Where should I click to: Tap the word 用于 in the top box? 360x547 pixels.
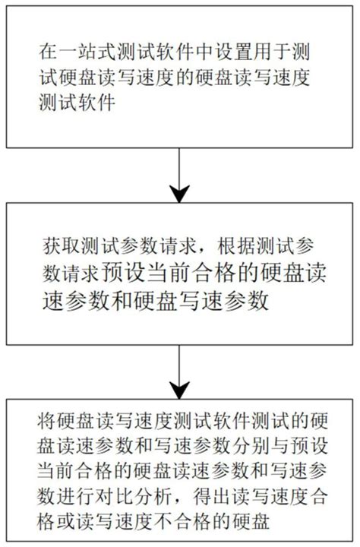click(x=272, y=52)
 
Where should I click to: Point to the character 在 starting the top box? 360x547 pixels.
click(x=48, y=52)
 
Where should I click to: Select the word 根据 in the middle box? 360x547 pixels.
click(x=237, y=248)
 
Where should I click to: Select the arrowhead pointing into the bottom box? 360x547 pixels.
click(x=179, y=390)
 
